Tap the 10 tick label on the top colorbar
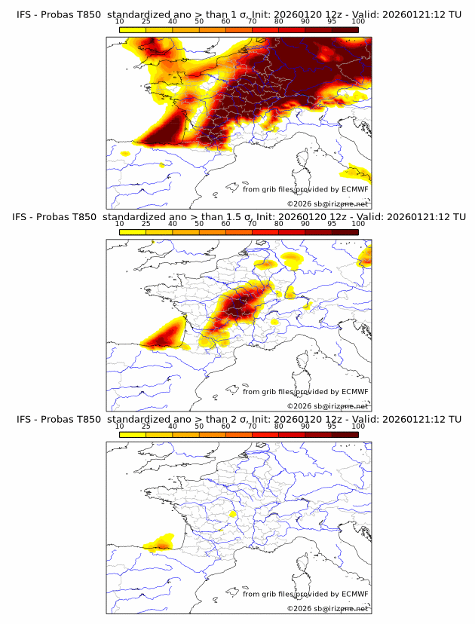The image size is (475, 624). (120, 21)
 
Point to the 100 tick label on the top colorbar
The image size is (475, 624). (358, 21)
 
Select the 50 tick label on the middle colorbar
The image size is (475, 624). (199, 224)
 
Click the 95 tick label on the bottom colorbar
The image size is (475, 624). (332, 426)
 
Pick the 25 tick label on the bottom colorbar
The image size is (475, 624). (146, 426)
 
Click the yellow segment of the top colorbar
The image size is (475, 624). (133, 29)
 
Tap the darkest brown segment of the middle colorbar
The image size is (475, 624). (345, 232)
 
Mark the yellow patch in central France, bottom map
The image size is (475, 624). (233, 514)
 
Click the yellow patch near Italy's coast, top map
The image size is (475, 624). (355, 173)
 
